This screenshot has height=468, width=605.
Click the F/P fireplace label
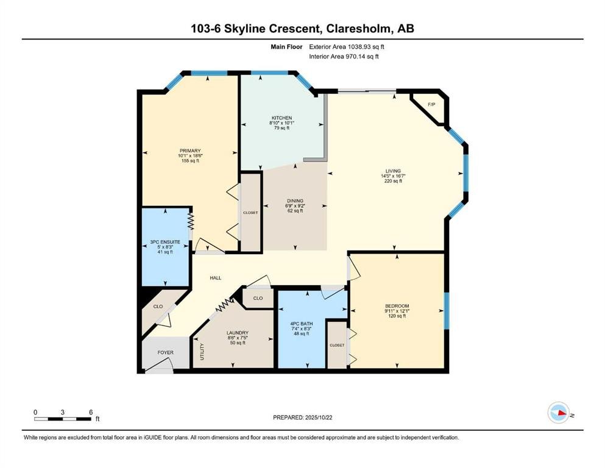click(432, 105)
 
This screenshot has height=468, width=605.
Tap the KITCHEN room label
click(281, 118)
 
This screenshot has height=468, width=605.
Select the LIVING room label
click(392, 171)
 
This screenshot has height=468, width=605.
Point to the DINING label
click(295, 201)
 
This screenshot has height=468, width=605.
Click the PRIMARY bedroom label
click(190, 151)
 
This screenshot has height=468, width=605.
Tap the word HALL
click(215, 278)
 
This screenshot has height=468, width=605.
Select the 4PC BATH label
click(302, 324)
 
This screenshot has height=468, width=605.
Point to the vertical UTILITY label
click(202, 352)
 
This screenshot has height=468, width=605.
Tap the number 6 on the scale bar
click(90, 412)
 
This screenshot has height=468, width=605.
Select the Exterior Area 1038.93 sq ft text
click(347, 46)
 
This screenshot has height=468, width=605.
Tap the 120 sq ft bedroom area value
click(397, 316)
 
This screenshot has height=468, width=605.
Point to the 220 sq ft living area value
click(392, 182)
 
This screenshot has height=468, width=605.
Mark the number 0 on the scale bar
click(35, 412)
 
